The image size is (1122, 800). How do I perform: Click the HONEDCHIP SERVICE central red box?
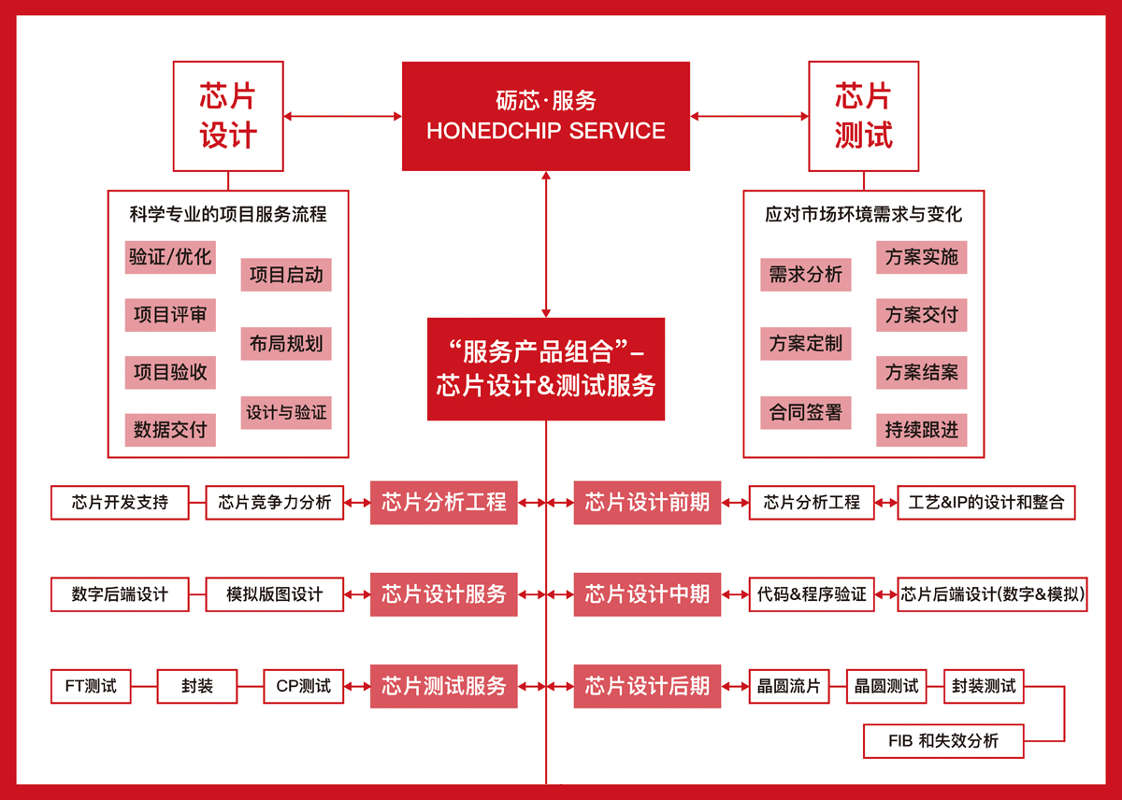click(x=546, y=116)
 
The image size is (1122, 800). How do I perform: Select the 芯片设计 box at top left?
click(x=228, y=116)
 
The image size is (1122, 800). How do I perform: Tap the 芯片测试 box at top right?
click(x=864, y=116)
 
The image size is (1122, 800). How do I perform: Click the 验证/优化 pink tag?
click(x=170, y=257)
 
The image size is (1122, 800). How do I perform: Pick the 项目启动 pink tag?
click(x=286, y=275)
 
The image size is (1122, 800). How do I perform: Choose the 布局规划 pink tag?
click(x=286, y=344)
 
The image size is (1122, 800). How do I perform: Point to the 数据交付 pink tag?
click(x=170, y=430)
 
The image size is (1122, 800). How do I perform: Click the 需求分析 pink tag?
click(x=805, y=275)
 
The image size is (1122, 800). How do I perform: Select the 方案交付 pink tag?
click(x=922, y=315)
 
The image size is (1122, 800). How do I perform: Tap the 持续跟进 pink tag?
click(x=922, y=430)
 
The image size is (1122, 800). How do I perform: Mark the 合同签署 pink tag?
click(x=805, y=412)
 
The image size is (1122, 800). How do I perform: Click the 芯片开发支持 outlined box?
click(x=120, y=502)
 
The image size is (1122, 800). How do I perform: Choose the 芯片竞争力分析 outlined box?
click(x=275, y=502)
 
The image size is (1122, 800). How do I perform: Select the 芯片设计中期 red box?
click(x=647, y=594)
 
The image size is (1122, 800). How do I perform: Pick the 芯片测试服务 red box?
click(x=444, y=686)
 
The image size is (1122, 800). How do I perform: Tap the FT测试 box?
click(x=91, y=686)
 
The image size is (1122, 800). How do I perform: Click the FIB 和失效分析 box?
click(x=943, y=741)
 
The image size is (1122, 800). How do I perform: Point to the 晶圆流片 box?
click(x=789, y=686)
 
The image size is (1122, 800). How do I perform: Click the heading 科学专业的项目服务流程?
click(x=228, y=214)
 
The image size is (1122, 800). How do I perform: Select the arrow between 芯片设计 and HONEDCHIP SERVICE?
click(x=343, y=116)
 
